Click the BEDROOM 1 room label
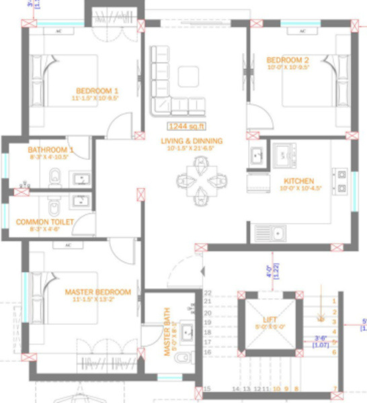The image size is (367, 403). (x=97, y=91)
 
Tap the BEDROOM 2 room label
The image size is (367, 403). (x=288, y=58)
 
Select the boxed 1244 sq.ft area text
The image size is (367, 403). (x=187, y=126)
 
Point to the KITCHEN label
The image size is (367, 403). (x=299, y=181)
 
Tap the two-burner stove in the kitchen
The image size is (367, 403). (x=284, y=156)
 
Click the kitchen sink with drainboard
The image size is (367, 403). (x=270, y=234)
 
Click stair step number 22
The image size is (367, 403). (x=208, y=294)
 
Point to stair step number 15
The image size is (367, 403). (x=208, y=389)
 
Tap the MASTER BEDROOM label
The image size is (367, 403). (x=97, y=292)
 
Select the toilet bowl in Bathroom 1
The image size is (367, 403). (x=55, y=178)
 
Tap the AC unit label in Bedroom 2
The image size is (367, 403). (x=302, y=31)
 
